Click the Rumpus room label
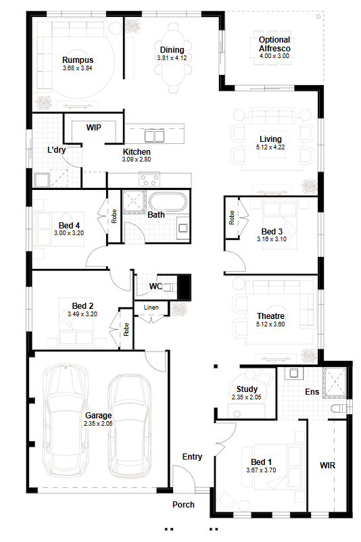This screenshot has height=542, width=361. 78,59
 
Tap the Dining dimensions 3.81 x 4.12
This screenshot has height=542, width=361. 172,58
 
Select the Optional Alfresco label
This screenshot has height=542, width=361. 274,44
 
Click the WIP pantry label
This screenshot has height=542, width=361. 94,128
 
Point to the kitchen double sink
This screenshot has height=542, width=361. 154,135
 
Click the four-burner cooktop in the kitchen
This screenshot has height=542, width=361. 149,180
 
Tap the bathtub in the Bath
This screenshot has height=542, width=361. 168,201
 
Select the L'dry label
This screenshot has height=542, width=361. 56,150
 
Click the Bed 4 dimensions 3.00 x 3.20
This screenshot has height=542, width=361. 69,233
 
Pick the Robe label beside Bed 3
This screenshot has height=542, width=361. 232,218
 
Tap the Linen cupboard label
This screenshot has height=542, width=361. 151,307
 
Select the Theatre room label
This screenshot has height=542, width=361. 270,316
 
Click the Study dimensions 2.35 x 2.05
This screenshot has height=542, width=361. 247,397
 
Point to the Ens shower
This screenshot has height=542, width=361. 335,380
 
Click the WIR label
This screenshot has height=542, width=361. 327,465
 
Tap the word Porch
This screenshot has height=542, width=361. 183,505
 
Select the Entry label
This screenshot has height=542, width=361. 192,457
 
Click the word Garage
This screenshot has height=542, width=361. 99,416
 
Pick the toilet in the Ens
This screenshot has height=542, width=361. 339,409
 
